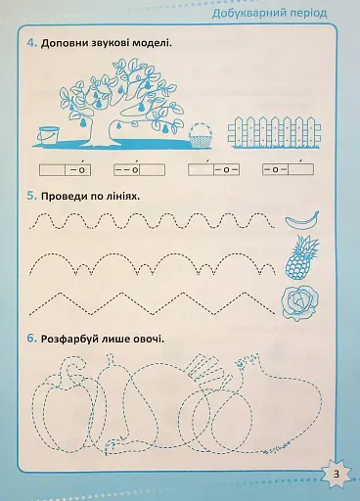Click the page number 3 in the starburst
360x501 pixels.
click(336, 475)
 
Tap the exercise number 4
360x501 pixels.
click(32, 44)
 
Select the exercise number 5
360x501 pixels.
click(32, 196)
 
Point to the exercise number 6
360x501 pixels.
click(32, 340)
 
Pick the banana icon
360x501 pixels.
click(298, 219)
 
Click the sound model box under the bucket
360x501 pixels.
click(63, 169)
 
